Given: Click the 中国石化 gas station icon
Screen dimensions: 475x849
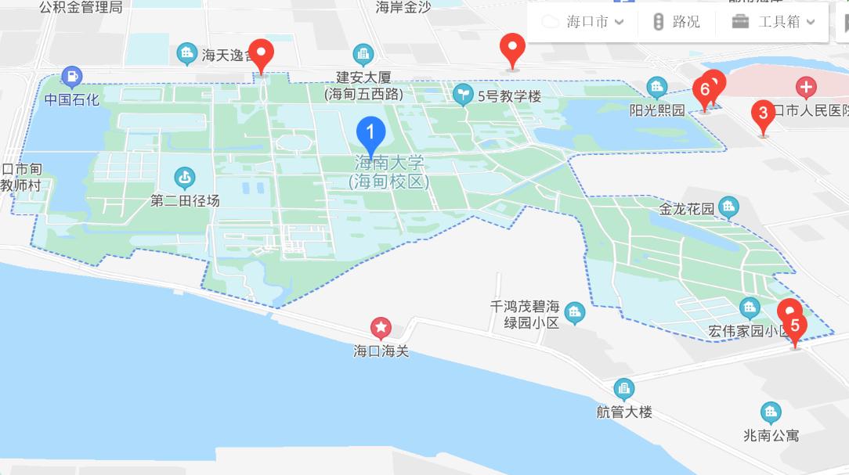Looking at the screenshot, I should [71, 77].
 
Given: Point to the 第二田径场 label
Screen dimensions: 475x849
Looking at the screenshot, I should [186, 201].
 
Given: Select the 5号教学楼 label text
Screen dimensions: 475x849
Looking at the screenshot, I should [508, 96].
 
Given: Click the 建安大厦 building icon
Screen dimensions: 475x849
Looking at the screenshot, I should [363, 54].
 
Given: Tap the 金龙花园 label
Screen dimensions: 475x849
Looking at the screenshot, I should [687, 209].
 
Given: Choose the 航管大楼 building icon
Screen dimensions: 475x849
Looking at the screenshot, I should [624, 387].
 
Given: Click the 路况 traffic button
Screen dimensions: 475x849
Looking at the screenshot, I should [676, 21].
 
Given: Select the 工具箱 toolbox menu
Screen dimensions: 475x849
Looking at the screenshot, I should [774, 21].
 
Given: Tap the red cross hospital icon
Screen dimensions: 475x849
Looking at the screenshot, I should [805, 86].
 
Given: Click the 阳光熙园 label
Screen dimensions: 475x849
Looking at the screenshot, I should [657, 110].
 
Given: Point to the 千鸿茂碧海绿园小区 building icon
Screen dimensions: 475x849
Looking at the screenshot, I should [575, 314].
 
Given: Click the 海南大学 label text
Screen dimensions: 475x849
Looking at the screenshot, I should [389, 164].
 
